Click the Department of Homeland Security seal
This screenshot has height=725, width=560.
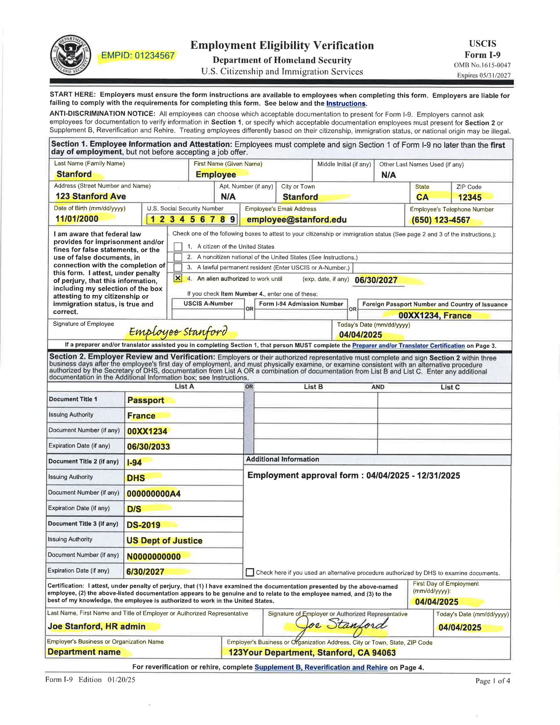tap(70, 55)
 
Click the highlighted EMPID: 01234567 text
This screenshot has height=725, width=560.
tap(138, 56)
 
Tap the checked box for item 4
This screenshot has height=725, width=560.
tap(178, 278)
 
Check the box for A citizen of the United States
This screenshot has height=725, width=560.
tap(178, 246)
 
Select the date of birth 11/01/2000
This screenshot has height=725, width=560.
tap(77, 219)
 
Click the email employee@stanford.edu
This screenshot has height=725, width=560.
tap(296, 219)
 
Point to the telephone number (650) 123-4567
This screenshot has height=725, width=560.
tap(441, 220)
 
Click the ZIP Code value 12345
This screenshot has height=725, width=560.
tap(469, 197)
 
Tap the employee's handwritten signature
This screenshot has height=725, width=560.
tap(178, 332)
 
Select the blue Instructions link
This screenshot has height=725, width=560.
tap(346, 103)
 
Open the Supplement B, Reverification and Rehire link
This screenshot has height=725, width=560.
tap(321, 667)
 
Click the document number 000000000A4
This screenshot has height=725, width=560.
tap(153, 494)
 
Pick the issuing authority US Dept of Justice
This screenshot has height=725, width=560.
tap(164, 540)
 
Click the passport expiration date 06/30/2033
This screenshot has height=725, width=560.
tap(148, 447)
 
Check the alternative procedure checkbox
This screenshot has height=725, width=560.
tap(250, 572)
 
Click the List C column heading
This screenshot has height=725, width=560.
tap(450, 387)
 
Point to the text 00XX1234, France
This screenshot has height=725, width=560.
tap(435, 315)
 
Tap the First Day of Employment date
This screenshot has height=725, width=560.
tap(437, 602)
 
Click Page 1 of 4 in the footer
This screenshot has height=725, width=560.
tap(492, 681)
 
